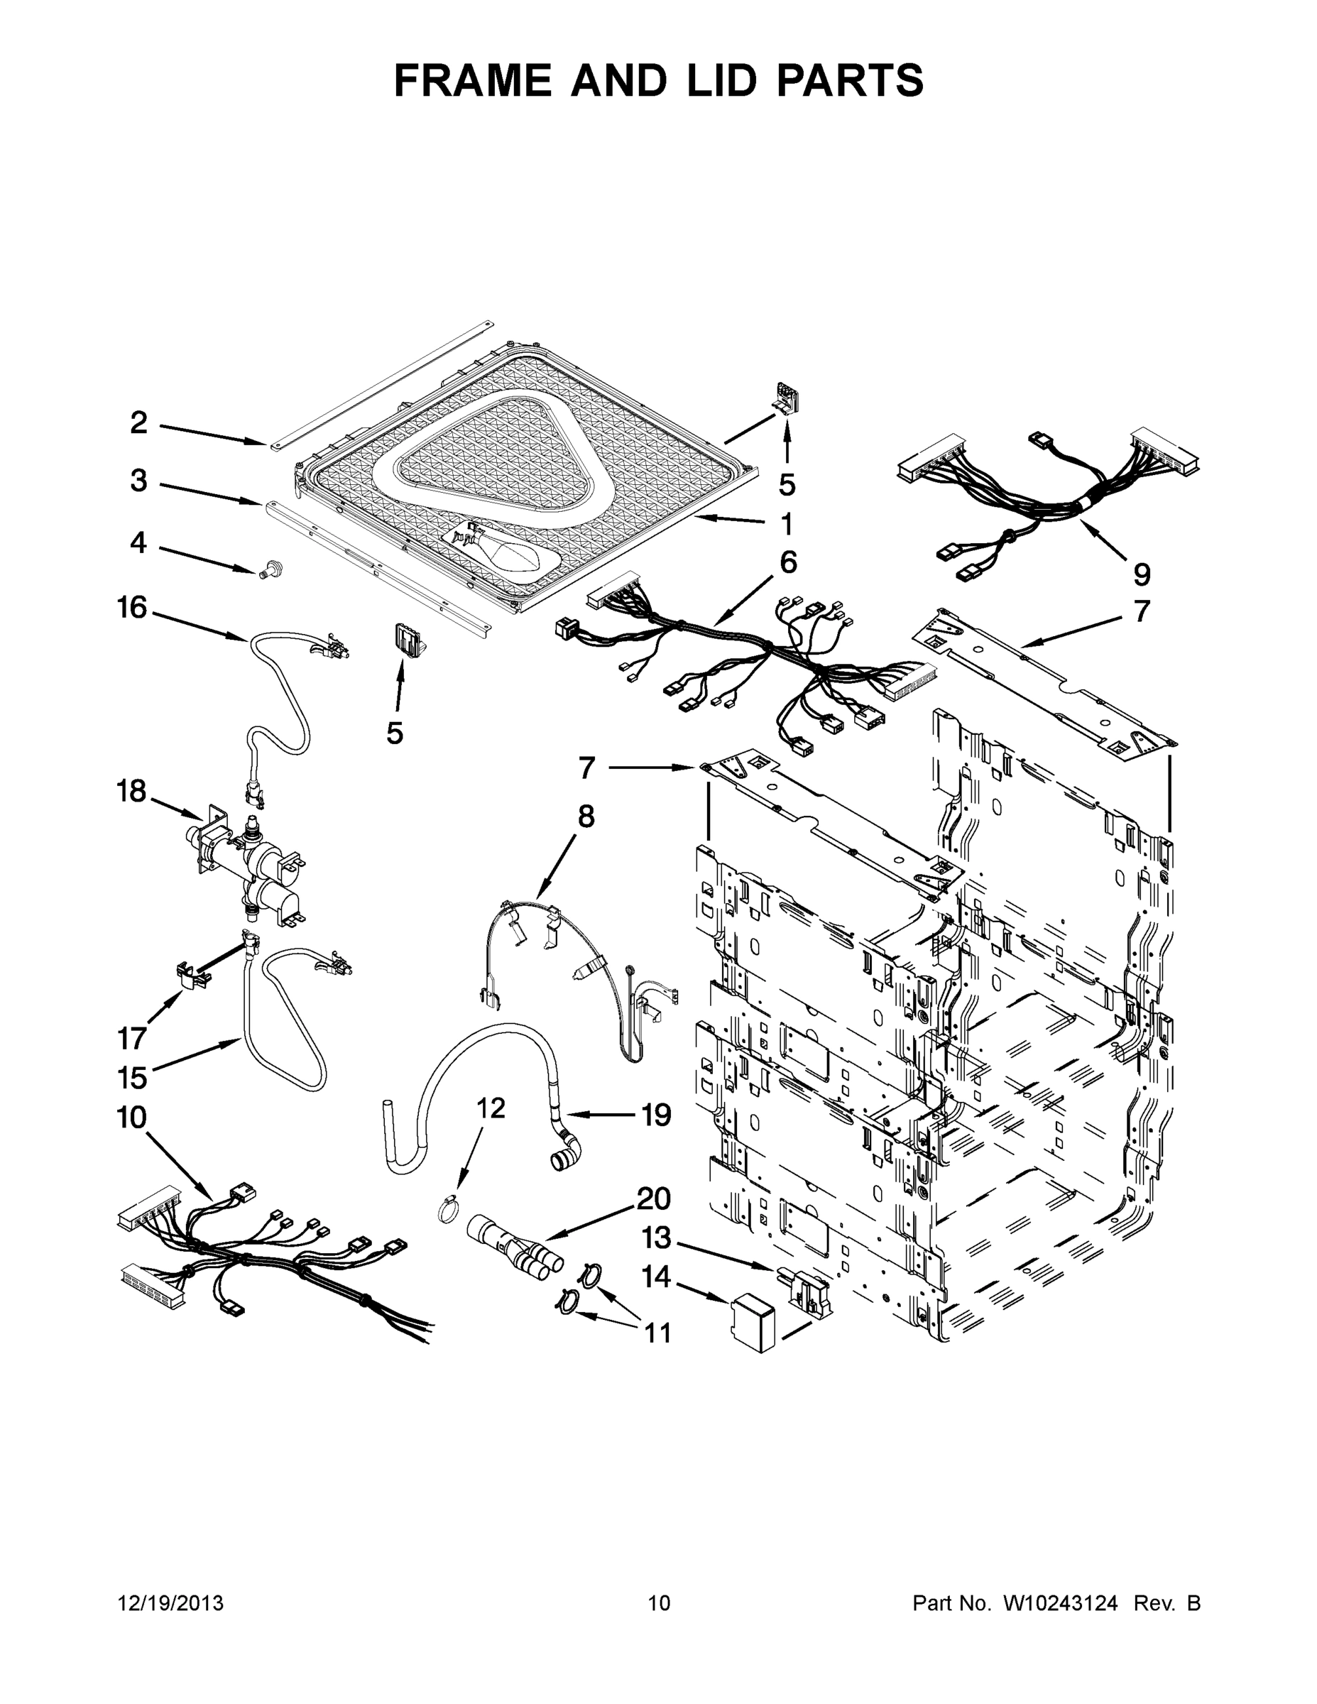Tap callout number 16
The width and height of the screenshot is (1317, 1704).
pyautogui.click(x=132, y=606)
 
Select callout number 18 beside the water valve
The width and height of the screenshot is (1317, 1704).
pyautogui.click(x=131, y=791)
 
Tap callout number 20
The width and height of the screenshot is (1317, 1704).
pyautogui.click(x=654, y=1198)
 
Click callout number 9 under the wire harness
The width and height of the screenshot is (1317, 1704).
pyautogui.click(x=1141, y=575)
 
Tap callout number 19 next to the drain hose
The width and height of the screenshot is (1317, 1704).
pyautogui.click(x=656, y=1115)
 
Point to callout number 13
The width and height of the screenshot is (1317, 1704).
pyautogui.click(x=656, y=1237)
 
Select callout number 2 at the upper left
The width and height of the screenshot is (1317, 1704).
pyautogui.click(x=138, y=423)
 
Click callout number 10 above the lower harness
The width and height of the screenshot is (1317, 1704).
pyautogui.click(x=131, y=1118)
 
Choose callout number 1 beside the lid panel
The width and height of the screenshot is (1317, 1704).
pyautogui.click(x=787, y=523)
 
